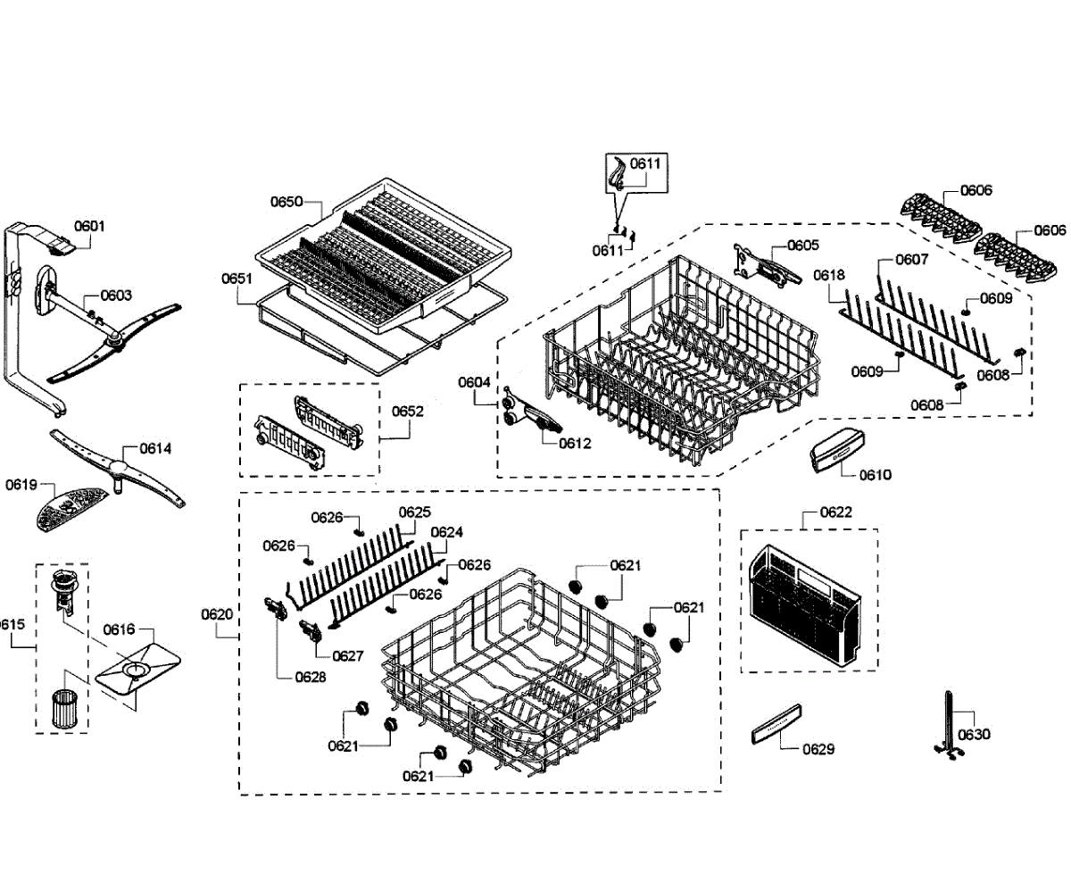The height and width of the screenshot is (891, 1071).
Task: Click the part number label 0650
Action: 286,203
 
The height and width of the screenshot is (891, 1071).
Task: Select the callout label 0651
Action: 237,279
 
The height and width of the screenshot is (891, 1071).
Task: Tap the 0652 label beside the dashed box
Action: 407,412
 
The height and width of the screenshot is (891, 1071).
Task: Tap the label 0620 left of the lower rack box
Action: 217,614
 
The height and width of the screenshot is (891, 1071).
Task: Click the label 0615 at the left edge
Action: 11,624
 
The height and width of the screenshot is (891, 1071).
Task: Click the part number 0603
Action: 116,295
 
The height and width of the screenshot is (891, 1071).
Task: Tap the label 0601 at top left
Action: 89,226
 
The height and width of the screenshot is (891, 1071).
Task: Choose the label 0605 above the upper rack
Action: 802,245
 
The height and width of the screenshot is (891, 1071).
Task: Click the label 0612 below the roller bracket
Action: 575,442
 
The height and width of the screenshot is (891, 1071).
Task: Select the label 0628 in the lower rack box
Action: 311,677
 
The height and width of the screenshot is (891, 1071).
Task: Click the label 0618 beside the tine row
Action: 829,275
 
